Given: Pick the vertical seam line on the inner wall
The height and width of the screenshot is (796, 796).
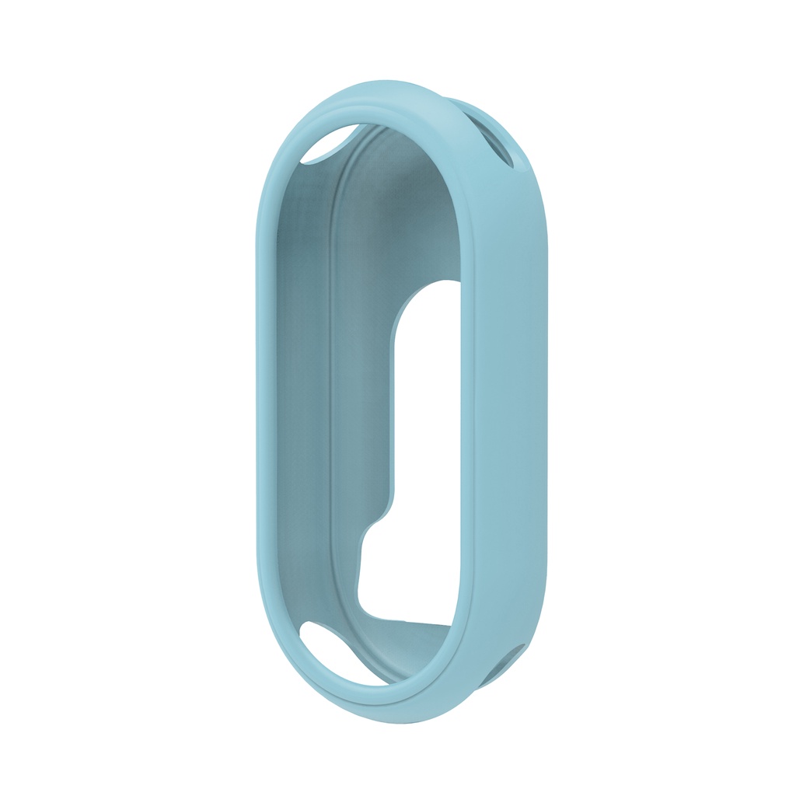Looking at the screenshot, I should coord(331,389).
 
